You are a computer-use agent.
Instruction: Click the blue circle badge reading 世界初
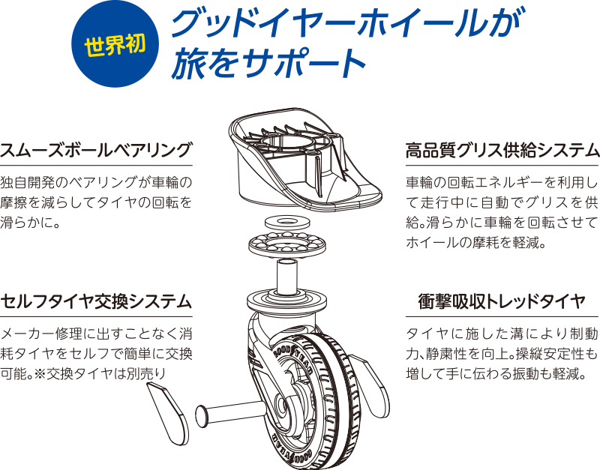pyautogui.click(x=115, y=44)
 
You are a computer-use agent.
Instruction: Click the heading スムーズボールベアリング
pyautogui.click(x=95, y=149)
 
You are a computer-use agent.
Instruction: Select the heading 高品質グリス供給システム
pyautogui.click(x=502, y=149)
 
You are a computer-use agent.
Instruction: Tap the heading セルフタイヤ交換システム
pyautogui.click(x=96, y=301)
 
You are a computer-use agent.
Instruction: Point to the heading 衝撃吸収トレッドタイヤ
pyautogui.click(x=502, y=301)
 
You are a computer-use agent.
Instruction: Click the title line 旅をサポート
pyautogui.click(x=268, y=63)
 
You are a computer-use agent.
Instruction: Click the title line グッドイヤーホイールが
pyautogui.click(x=347, y=23)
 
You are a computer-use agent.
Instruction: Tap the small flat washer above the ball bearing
pyautogui.click(x=287, y=221)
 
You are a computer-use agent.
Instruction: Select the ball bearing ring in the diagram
pyautogui.click(x=287, y=244)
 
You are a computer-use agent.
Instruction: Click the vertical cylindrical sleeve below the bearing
pyautogui.click(x=287, y=276)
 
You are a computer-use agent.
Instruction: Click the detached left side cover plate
pyautogui.click(x=168, y=413)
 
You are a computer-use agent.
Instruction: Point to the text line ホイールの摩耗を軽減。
pyautogui.click(x=475, y=242)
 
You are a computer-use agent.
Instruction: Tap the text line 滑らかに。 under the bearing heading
pyautogui.click(x=31, y=222)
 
